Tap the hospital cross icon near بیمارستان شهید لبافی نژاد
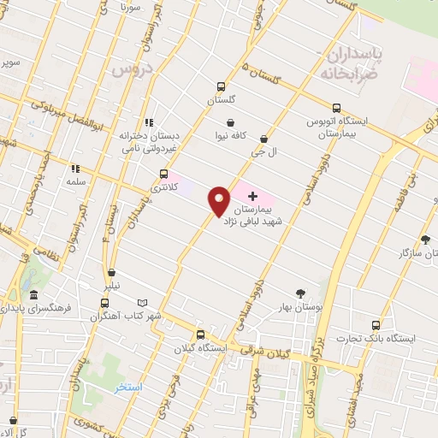tap(252, 196)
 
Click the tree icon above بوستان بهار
tap(299, 293)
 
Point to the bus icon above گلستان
tap(221, 87)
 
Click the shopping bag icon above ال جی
tap(263, 138)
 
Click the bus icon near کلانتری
tap(164, 174)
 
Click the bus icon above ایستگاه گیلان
tap(200, 335)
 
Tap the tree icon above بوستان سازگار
tap(425, 240)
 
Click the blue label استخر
tap(128, 388)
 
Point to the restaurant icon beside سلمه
tap(74, 169)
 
